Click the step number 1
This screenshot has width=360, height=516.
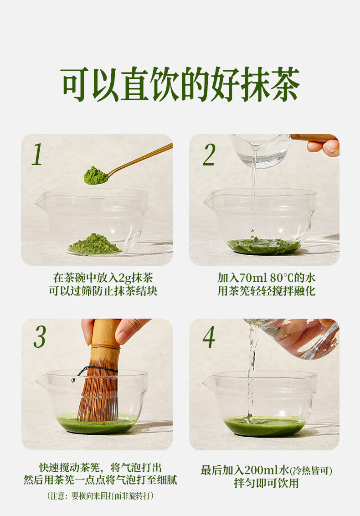click(37, 154)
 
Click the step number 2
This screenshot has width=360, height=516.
click(209, 154)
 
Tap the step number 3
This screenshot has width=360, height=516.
click(40, 337)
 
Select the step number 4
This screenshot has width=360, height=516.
click(209, 337)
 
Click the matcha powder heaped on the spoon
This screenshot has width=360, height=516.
click(95, 175)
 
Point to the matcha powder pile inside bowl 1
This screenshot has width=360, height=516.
click(94, 244)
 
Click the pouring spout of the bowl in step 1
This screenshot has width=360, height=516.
click(41, 202)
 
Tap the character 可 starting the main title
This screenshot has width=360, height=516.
click(75, 84)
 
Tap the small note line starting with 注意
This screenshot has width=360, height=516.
click(100, 496)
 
